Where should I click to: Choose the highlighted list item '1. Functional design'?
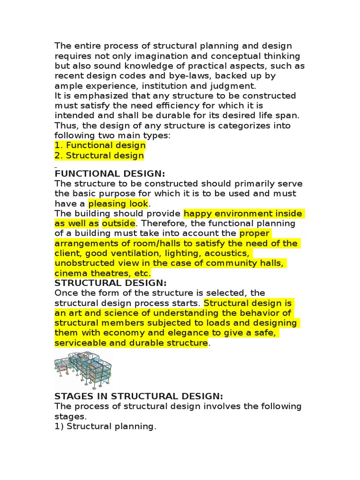click(x=100, y=145)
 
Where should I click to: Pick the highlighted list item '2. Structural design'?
click(x=99, y=156)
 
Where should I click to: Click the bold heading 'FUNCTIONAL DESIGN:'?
click(x=110, y=173)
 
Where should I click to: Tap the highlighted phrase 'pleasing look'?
click(x=118, y=204)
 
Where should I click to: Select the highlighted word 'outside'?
click(x=119, y=224)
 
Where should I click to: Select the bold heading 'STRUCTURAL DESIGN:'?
click(x=111, y=283)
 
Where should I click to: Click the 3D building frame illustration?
click(x=83, y=370)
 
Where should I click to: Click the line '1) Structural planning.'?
click(x=105, y=426)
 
